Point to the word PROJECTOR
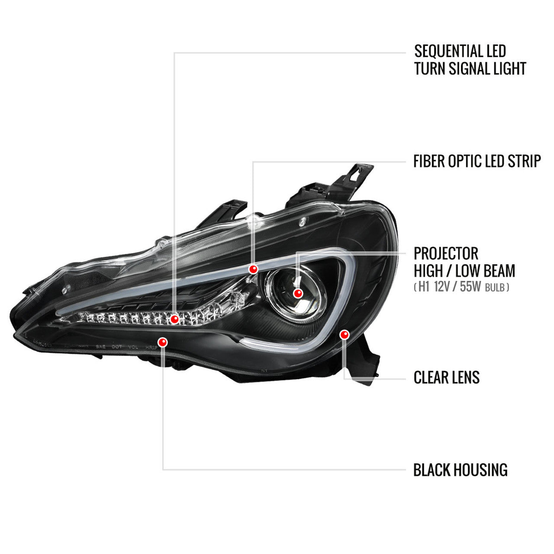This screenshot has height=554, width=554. click(x=446, y=254)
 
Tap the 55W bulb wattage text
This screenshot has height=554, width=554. click(x=470, y=287)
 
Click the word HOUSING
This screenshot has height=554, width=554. click(x=481, y=470)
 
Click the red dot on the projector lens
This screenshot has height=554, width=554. click(x=297, y=293)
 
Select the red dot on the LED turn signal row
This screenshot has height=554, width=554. click(x=174, y=319)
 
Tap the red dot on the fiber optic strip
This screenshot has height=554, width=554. click(x=253, y=269)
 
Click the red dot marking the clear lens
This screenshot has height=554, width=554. click(x=345, y=334)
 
